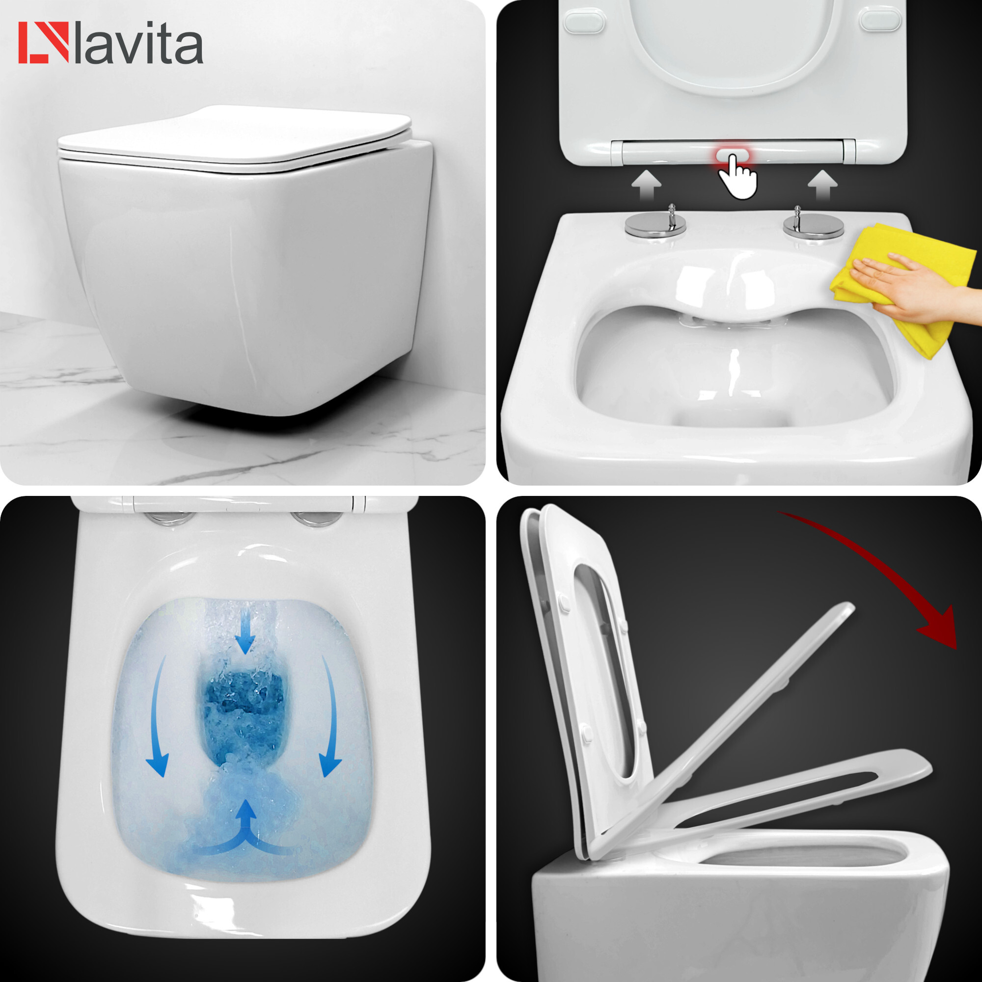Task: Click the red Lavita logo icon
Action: tap(43, 43)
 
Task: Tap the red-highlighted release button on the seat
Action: tap(733, 154)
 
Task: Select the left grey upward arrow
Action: tap(646, 184)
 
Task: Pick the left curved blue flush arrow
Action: tap(159, 722)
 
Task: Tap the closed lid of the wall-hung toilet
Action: tap(234, 135)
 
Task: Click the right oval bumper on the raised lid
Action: tap(880, 20)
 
